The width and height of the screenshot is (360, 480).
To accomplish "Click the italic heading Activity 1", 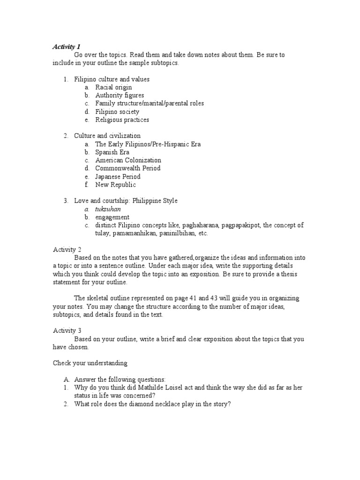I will [67, 46].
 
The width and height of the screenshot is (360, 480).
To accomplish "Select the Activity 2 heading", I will [67, 249].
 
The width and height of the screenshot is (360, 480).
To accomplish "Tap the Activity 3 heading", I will [67, 330].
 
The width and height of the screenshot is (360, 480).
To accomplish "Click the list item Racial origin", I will [113, 87].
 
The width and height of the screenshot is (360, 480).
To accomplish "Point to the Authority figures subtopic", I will [120, 95].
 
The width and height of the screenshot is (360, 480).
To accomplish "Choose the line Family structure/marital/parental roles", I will [149, 103].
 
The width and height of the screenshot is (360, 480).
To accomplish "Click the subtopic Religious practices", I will [122, 120].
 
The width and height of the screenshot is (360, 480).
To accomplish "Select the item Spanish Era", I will [112, 152].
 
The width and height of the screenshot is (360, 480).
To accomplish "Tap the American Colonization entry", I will [128, 160].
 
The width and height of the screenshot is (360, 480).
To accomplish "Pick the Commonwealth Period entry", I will [127, 168].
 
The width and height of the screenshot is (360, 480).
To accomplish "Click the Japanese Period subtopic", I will [118, 177].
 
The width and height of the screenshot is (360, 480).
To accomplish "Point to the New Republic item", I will [115, 185].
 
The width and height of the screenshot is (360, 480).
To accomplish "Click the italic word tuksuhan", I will [108, 209].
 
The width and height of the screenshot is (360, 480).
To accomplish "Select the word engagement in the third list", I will [112, 217].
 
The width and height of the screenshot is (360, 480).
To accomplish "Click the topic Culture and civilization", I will [107, 136].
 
